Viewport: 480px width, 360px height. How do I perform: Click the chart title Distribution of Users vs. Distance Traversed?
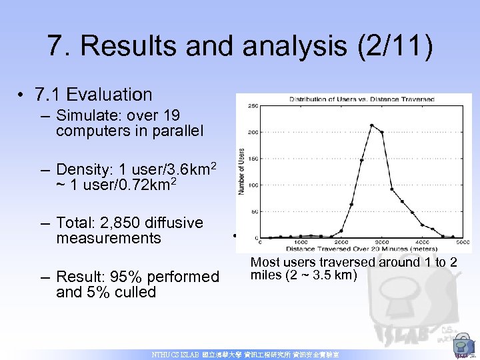(x=361, y=99)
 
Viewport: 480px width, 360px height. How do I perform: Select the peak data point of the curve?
(x=371, y=125)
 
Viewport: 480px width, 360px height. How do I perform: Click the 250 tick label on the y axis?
(x=254, y=106)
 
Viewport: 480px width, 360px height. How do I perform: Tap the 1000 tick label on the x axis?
(x=301, y=242)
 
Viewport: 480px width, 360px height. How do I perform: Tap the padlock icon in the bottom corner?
(x=461, y=347)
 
